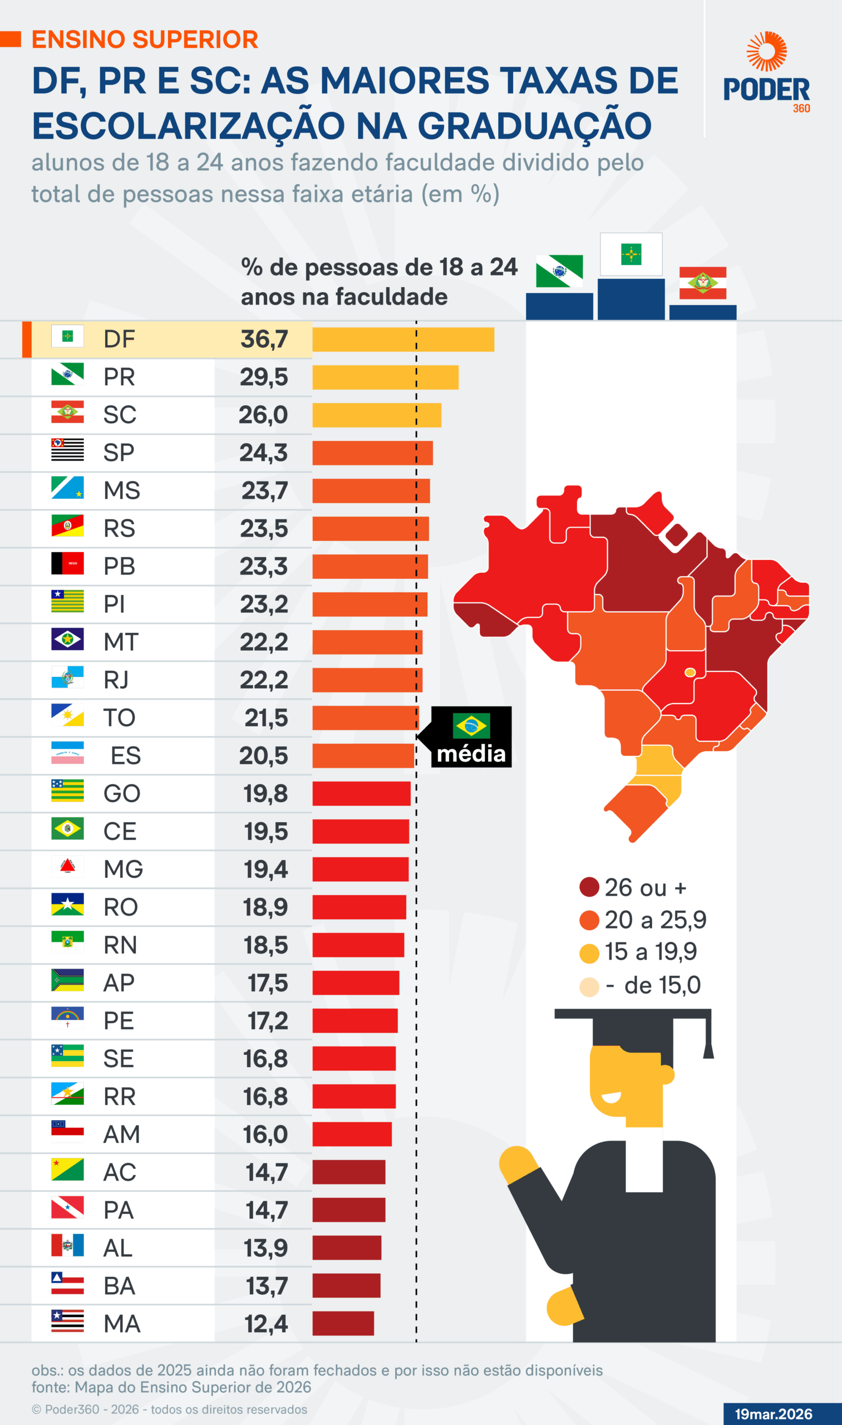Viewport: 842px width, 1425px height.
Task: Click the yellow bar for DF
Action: pos(403,340)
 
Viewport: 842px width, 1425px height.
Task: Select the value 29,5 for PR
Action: pos(264,377)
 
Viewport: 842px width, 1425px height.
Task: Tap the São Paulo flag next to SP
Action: pos(67,449)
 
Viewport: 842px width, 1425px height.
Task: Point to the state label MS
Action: pos(121,491)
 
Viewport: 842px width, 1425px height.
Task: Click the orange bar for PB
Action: pos(370,566)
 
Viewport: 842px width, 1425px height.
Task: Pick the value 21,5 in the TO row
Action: pos(266,718)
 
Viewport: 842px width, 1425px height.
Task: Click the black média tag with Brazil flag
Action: pos(471,737)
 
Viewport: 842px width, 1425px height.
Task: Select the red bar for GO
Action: pos(361,793)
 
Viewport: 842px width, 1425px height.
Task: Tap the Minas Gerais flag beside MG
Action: pos(67,866)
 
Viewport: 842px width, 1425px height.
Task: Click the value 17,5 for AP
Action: pos(267,983)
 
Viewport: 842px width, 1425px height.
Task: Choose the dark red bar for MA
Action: pos(343,1324)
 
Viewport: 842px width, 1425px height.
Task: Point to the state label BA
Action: pos(119,1286)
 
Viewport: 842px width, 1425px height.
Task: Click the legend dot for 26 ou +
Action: pos(589,887)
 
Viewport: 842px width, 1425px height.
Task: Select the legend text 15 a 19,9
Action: pos(650,952)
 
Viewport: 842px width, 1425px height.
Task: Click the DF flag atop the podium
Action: pos(631,254)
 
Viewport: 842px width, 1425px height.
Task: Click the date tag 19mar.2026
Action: pos(774,1414)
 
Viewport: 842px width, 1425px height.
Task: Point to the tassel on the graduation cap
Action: pos(708,1049)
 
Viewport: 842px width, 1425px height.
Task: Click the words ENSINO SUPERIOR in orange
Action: pos(145,40)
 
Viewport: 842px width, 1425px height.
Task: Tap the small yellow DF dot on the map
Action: pos(690,672)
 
